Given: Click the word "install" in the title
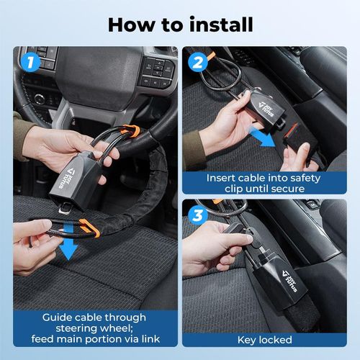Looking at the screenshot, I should pyautogui.click(x=214, y=23).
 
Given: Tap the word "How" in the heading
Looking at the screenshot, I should pyautogui.click(x=130, y=23).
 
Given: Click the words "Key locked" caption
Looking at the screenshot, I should pyautogui.click(x=264, y=339).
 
